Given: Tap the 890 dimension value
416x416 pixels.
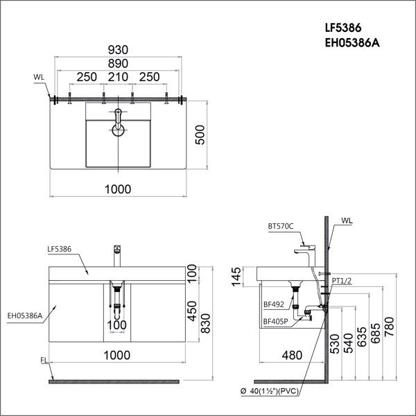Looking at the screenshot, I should pyautogui.click(x=118, y=64).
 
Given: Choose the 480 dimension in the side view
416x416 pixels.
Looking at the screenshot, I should pyautogui.click(x=293, y=356).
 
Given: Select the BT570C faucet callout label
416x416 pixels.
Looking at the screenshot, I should pyautogui.click(x=281, y=226).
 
